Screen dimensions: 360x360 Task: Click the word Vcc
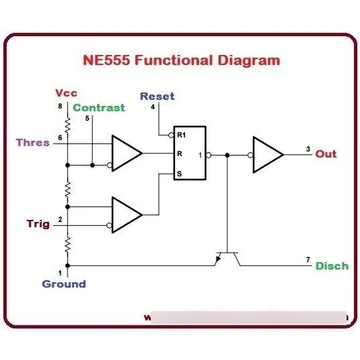66,93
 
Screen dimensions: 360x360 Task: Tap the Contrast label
99,108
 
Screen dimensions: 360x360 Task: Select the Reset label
158,96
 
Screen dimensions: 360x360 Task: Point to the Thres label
33,143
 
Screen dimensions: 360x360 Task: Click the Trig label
38,224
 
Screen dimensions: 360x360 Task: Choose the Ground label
64,284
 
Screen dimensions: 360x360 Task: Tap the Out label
326,154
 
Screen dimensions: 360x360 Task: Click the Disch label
333,266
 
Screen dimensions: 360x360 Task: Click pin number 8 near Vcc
60,107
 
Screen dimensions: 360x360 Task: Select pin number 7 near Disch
308,259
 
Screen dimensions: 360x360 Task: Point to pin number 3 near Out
308,149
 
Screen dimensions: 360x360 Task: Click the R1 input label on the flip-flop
182,135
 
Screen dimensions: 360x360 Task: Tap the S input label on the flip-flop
180,174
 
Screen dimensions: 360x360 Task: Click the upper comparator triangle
127,153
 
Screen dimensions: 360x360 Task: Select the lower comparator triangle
127,215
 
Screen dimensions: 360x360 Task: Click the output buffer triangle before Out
267,154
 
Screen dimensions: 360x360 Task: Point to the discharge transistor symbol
227,259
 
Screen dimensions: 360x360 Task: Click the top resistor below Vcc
68,125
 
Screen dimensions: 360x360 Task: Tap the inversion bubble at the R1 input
171,135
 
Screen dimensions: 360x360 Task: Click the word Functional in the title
174,60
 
